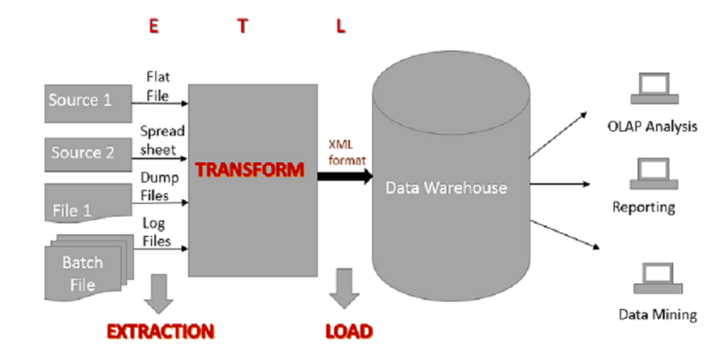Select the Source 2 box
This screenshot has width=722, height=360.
(87, 154)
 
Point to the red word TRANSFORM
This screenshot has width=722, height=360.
(250, 170)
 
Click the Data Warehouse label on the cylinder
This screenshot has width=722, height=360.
(446, 188)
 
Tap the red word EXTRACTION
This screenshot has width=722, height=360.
(161, 332)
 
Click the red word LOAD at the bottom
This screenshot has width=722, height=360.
(349, 332)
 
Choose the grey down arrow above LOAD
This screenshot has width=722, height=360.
(344, 288)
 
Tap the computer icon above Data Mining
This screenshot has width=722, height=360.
(657, 278)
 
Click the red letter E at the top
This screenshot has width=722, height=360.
(153, 26)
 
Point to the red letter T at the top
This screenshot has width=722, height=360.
(243, 26)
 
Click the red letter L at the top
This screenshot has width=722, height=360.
(340, 26)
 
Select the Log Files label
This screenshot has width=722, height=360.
(156, 232)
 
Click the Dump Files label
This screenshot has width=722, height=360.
(158, 187)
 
